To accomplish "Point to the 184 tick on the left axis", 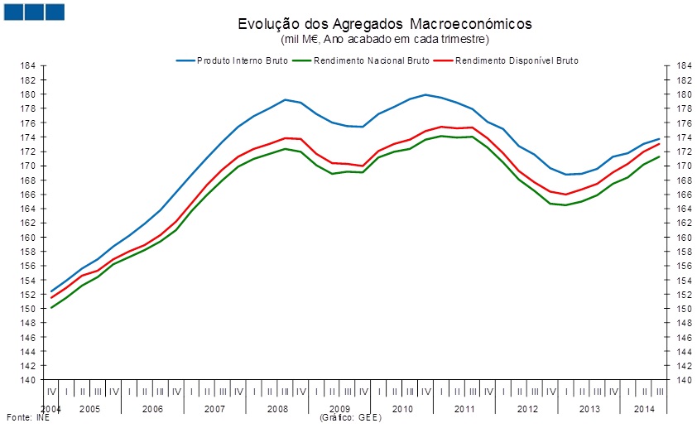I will [x=28, y=65].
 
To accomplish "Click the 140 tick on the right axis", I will [x=671, y=380].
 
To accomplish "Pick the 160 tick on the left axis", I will [x=28, y=237].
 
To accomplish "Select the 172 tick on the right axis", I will [x=671, y=151].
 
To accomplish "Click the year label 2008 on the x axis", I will [x=277, y=409].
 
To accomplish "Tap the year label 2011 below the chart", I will [x=464, y=409].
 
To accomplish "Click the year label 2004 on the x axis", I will [x=50, y=409].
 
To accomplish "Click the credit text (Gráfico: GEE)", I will [x=349, y=418].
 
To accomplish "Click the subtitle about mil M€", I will [x=384, y=39].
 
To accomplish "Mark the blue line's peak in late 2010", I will [x=425, y=94].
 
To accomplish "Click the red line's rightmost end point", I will [x=660, y=143].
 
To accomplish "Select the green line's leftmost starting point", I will [x=51, y=308].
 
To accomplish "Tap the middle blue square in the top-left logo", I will [x=34, y=12].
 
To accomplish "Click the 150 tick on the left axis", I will [x=28, y=309].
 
